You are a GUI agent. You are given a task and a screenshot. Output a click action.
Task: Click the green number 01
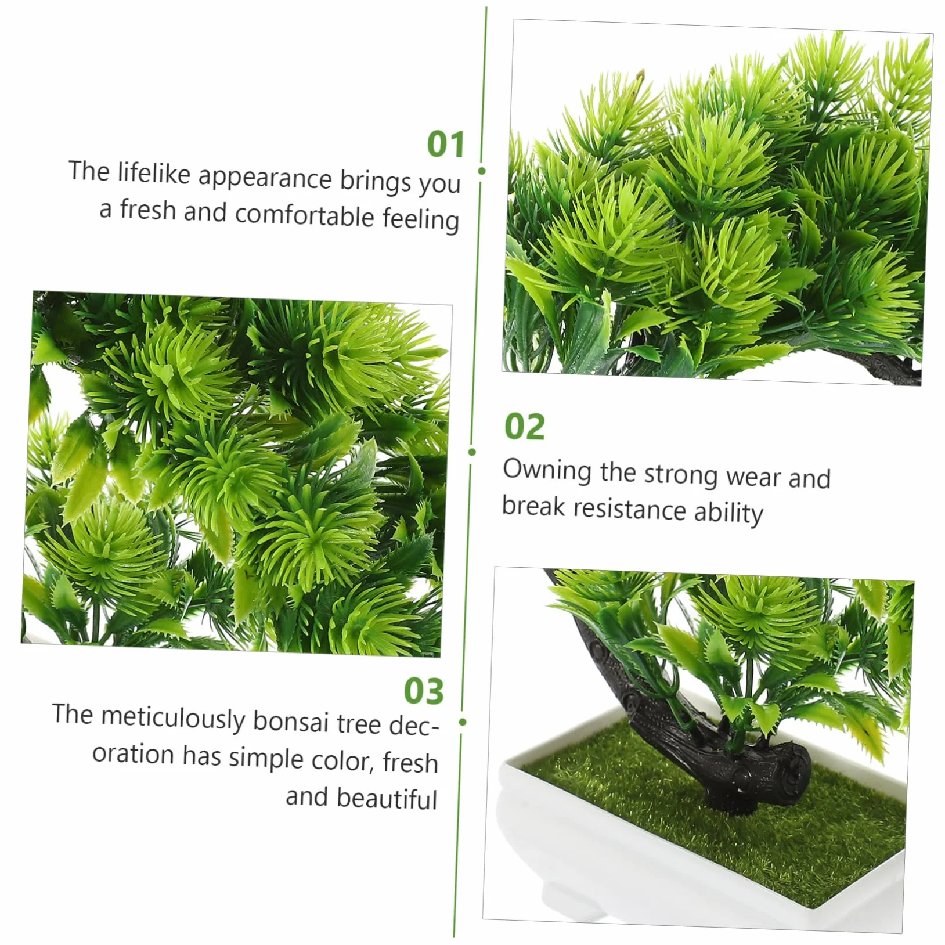(446, 144)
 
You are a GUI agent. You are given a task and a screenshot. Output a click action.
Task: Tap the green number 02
(525, 427)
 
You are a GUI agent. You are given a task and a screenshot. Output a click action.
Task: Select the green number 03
(424, 691)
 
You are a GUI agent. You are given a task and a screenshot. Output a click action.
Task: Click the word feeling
(421, 219)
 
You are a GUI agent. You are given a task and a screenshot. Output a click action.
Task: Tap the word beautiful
(361, 798)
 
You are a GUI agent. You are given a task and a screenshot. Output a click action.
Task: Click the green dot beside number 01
(481, 171)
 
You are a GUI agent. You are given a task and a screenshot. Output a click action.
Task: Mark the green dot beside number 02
(472, 452)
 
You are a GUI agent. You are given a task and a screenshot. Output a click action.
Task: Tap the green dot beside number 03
(463, 722)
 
